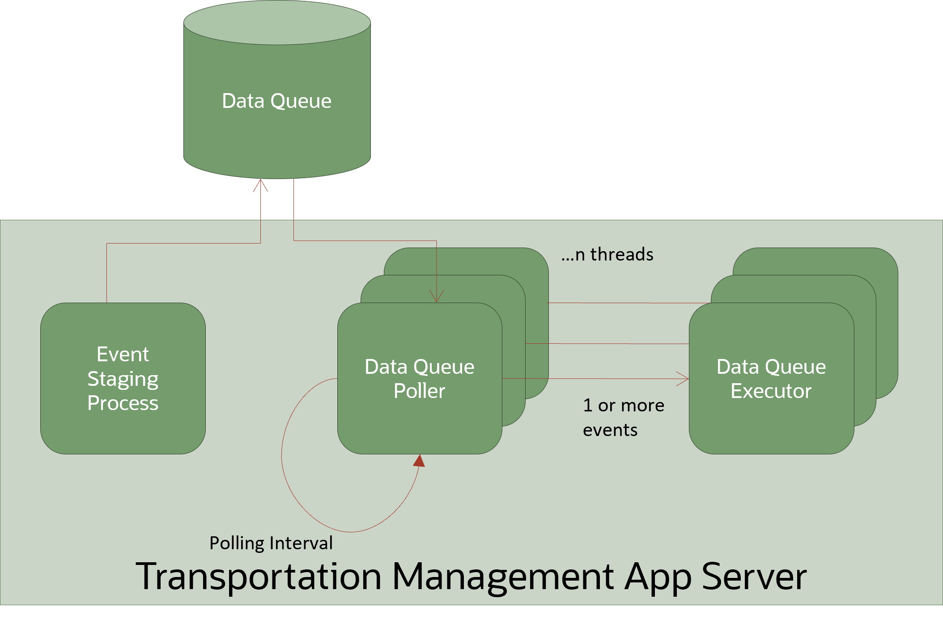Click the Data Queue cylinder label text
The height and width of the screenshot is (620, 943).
276,101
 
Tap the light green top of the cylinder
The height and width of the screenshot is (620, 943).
277,22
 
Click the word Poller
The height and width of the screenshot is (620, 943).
419,391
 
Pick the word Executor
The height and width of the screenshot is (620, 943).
771,391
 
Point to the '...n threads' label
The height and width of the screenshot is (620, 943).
607,254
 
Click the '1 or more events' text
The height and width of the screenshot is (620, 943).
623,417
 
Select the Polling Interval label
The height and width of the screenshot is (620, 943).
271,543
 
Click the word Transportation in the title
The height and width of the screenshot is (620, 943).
259,577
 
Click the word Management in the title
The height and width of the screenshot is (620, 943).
503,577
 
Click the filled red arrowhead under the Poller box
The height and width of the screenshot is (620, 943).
420,461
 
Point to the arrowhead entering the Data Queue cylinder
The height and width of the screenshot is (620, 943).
261,184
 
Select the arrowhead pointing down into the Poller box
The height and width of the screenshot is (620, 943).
437,297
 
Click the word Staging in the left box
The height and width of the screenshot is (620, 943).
123,379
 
